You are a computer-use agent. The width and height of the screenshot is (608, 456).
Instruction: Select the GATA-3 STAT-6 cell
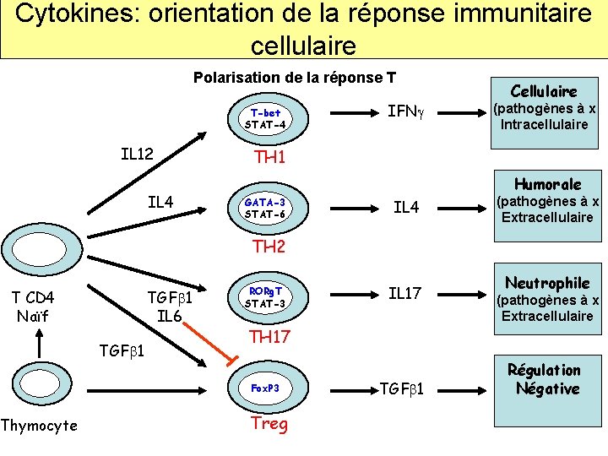[266, 208]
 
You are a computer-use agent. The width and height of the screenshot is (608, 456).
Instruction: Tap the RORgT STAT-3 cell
[266, 298]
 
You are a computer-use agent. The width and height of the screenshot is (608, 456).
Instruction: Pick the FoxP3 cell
[266, 388]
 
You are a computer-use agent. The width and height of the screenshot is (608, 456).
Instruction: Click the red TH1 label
[269, 158]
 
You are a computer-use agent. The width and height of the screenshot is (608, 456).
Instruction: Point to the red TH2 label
[269, 247]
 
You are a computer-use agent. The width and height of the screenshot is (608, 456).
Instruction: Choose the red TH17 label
[269, 337]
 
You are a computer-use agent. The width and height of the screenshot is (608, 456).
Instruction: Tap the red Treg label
[269, 424]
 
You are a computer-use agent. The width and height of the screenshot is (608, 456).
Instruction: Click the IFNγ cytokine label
[402, 111]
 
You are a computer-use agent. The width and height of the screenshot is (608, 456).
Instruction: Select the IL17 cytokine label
[404, 294]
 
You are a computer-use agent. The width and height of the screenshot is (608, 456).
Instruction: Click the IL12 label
[137, 154]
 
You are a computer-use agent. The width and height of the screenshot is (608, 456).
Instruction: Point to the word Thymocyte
[39, 425]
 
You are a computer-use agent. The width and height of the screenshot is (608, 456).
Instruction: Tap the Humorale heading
[547, 184]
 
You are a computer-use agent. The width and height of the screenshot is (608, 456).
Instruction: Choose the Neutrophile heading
[547, 282]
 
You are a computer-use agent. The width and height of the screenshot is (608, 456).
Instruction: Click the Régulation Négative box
[545, 379]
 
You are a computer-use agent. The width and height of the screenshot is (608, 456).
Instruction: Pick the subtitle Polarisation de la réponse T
[295, 78]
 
